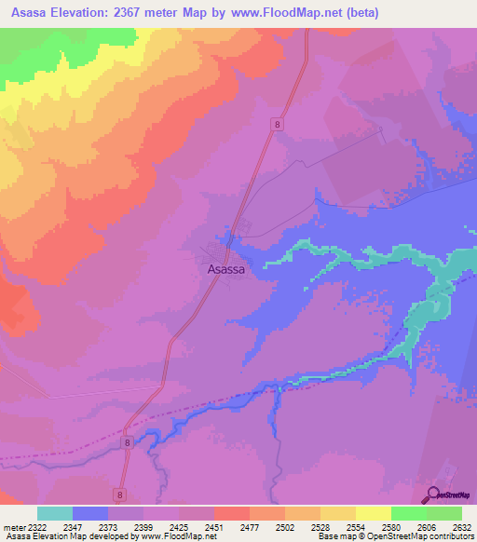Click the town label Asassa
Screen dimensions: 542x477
[x=226, y=268]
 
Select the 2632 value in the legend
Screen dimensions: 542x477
[x=459, y=526]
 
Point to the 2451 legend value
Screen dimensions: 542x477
[x=213, y=526]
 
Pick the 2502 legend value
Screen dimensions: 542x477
[x=285, y=526]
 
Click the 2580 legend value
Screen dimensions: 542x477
[x=390, y=526]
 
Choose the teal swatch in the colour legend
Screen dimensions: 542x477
[x=55, y=513]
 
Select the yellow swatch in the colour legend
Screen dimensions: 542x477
[x=374, y=513]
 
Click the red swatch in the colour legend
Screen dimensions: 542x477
[x=232, y=513]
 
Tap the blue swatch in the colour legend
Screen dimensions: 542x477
[x=90, y=513]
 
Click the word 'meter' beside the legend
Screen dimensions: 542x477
[x=13, y=526]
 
